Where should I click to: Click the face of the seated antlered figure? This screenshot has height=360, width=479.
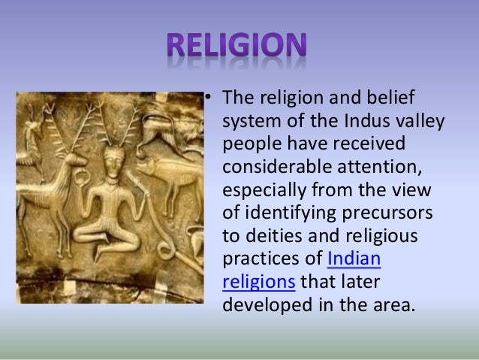[x=115, y=159]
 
